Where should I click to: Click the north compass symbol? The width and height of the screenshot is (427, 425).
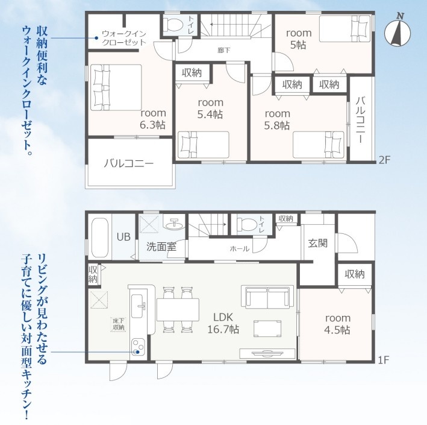point(397,33)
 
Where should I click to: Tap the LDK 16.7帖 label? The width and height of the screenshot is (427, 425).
point(223,323)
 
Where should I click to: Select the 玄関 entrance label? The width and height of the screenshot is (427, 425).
point(317,243)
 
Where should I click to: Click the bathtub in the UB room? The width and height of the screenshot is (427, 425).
point(99,237)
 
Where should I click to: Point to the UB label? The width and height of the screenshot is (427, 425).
point(123,237)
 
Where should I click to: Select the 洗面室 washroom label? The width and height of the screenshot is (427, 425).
point(161,247)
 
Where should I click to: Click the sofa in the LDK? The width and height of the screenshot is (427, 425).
point(267,297)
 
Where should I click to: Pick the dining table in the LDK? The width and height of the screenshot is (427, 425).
point(178,310)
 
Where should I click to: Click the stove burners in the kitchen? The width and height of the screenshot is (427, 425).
point(139,347)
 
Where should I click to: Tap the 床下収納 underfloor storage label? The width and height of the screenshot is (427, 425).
point(119,324)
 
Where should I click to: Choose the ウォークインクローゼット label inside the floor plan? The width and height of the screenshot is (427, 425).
point(124,38)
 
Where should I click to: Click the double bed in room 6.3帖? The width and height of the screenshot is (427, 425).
point(116,87)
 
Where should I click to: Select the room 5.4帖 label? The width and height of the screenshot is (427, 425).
point(210,109)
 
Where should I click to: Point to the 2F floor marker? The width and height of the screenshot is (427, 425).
point(384,160)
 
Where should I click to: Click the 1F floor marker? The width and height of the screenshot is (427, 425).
point(384,360)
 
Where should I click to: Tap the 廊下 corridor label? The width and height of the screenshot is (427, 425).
point(224,50)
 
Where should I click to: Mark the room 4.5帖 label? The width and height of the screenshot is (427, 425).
point(337,324)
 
